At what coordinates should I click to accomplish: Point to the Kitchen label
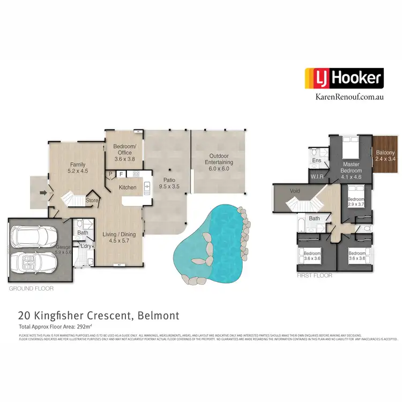tap(127, 187)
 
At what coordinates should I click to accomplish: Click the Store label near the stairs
tap(93, 200)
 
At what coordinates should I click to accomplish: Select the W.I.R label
tap(317, 175)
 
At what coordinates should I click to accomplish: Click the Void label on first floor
tap(294, 191)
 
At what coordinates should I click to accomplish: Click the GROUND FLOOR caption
tap(31, 288)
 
